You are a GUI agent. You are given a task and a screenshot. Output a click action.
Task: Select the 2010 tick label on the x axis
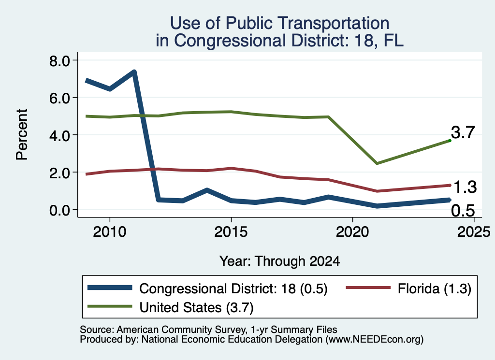[x=110, y=232]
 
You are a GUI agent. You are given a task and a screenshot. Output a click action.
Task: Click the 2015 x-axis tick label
[x=231, y=232]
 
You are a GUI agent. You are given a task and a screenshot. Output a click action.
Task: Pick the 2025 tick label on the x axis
[x=474, y=232]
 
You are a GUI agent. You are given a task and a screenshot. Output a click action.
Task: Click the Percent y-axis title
[x=22, y=135]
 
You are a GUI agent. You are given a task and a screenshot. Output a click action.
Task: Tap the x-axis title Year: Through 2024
[x=280, y=261]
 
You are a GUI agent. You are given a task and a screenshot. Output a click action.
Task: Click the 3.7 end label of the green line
[x=463, y=132]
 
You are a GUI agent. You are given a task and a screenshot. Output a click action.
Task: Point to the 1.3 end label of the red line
[x=465, y=187]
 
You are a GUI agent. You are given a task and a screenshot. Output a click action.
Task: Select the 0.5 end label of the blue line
[x=463, y=211]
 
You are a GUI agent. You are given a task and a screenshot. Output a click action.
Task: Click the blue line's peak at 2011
[x=134, y=72]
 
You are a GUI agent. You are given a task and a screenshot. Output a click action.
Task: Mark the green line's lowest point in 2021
[x=377, y=163]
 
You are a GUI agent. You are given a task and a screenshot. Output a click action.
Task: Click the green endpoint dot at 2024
[x=450, y=141]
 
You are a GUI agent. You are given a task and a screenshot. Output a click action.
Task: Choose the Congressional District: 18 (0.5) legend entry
[x=208, y=288]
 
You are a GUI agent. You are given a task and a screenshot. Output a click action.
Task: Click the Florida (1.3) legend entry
[x=409, y=288]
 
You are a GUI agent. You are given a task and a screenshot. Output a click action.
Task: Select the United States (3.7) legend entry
[x=171, y=307]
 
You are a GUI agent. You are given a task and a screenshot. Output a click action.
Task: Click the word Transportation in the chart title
[x=335, y=23]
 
